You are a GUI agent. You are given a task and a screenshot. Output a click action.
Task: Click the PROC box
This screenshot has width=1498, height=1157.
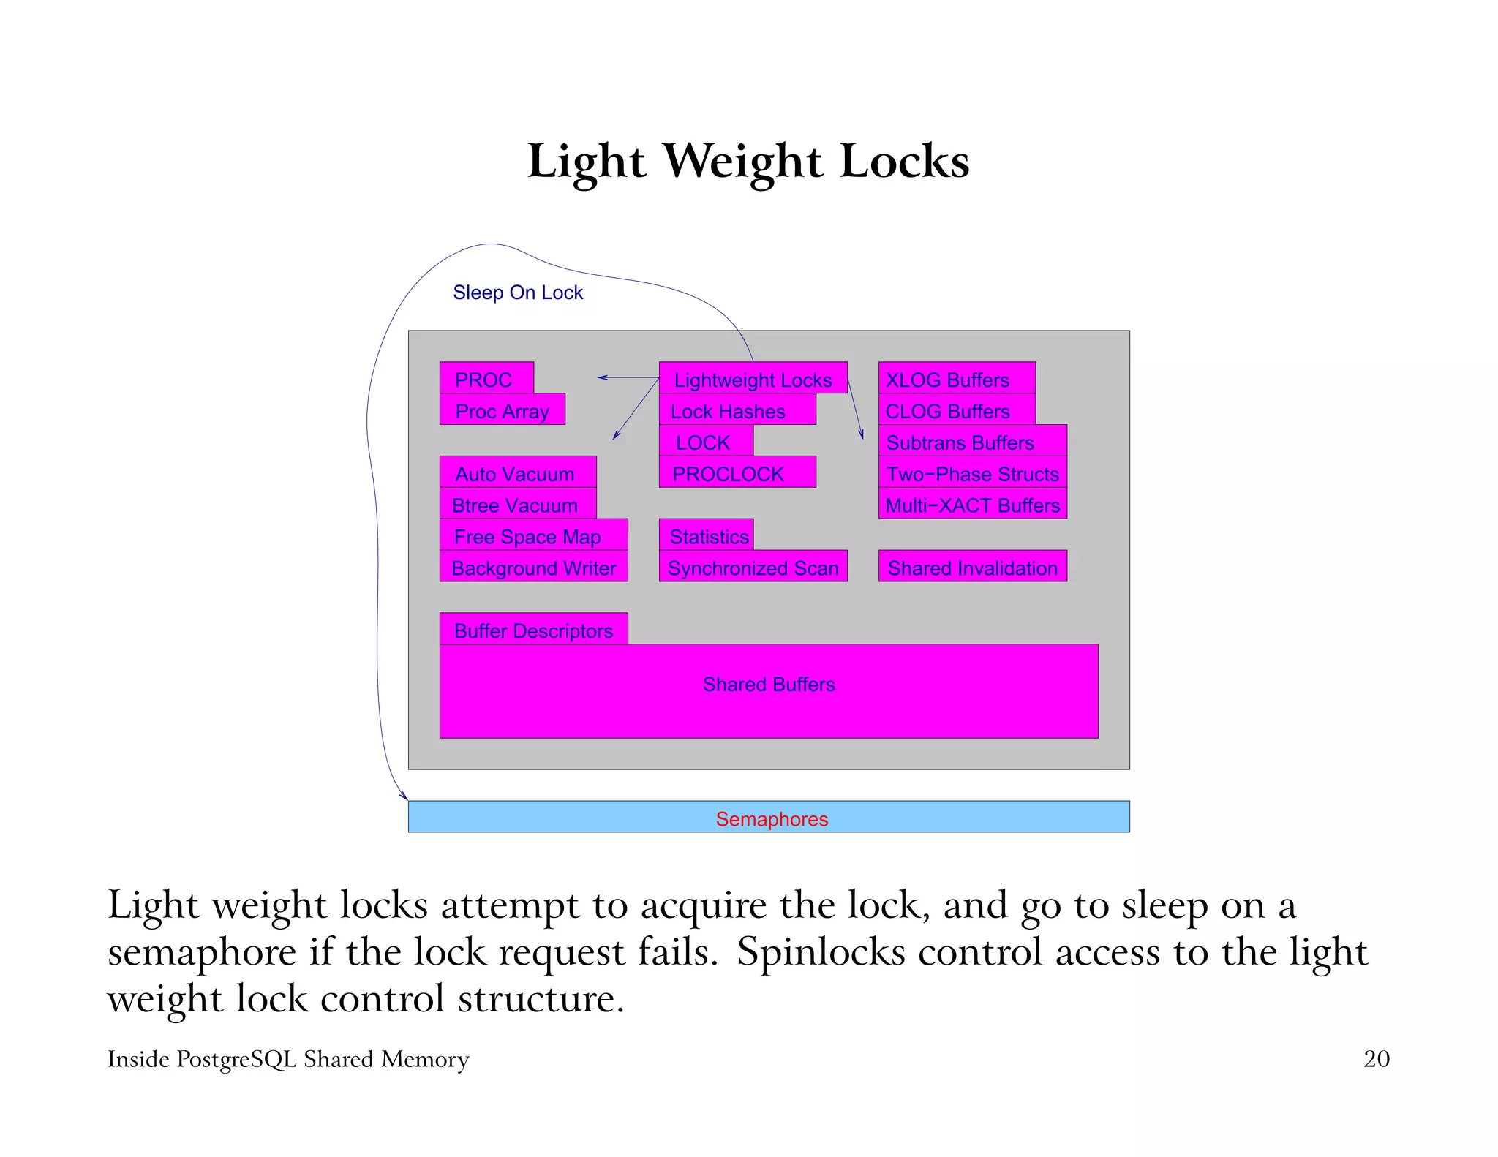tap(486, 378)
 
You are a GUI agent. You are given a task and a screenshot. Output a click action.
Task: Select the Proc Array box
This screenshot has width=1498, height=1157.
tap(503, 410)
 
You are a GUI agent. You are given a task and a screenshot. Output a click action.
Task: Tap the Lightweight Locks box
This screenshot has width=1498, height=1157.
tap(753, 378)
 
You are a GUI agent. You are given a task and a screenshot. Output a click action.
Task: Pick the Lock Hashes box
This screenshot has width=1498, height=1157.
tap(737, 410)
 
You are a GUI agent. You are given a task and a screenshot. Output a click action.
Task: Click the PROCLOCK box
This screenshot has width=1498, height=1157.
tap(737, 472)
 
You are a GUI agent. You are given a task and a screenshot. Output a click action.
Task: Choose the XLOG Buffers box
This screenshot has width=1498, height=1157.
tap(957, 378)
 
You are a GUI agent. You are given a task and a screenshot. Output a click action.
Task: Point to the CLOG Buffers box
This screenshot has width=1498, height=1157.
tap(957, 410)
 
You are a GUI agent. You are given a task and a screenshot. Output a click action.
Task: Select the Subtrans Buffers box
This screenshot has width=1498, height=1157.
tap(972, 441)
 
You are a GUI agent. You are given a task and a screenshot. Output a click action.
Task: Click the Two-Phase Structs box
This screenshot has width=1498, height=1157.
tap(972, 472)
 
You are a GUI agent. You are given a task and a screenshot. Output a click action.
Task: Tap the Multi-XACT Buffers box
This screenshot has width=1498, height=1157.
tap(972, 504)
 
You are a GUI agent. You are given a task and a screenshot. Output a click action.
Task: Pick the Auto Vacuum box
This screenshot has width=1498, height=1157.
tap(518, 472)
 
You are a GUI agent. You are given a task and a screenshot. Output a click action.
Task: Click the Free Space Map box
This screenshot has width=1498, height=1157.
tap(533, 535)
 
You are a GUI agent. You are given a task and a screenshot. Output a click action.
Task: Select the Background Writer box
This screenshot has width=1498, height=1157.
tap(533, 567)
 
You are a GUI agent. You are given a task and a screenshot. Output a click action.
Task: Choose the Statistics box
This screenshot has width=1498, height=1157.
tap(707, 535)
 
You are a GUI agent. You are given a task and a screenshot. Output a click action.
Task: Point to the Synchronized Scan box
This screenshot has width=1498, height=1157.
tap(753, 567)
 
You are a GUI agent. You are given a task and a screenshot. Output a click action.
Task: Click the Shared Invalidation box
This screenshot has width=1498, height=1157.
tap(972, 567)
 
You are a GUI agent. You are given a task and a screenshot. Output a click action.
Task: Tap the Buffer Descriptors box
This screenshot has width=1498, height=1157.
tap(533, 629)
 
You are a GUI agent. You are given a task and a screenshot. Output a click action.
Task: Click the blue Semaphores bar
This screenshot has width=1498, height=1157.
tap(768, 817)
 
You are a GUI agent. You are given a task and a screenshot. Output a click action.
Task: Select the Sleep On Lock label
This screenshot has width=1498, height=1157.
tap(518, 293)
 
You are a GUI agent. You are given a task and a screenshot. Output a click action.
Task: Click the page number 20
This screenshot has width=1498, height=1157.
tap(1376, 1059)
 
